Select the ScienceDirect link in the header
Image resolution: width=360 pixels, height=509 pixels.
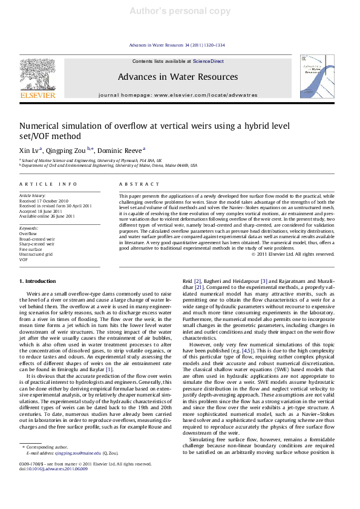(208, 62)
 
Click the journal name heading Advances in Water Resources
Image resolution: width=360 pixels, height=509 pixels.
(177, 77)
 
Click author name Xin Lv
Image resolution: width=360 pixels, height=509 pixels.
(30, 150)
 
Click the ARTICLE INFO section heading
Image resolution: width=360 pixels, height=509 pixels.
(48, 183)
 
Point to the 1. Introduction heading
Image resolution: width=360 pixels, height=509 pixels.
(39, 281)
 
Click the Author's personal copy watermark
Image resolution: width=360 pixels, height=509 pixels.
(180, 11)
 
